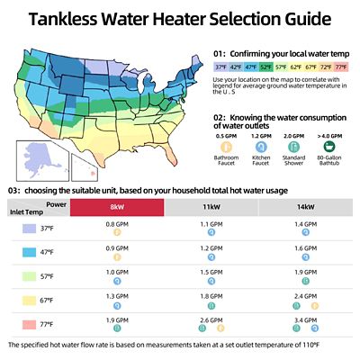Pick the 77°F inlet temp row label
(46, 321)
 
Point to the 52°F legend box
(267, 66)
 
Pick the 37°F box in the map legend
(221, 66)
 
